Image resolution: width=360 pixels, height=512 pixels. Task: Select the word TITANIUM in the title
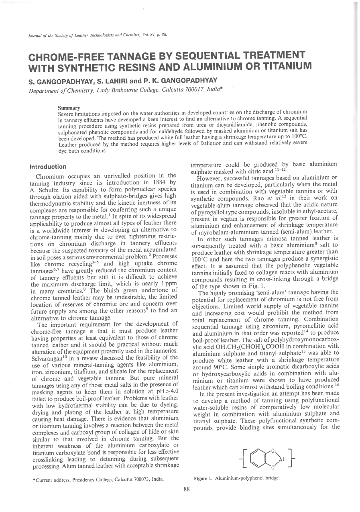pos(286,65)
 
